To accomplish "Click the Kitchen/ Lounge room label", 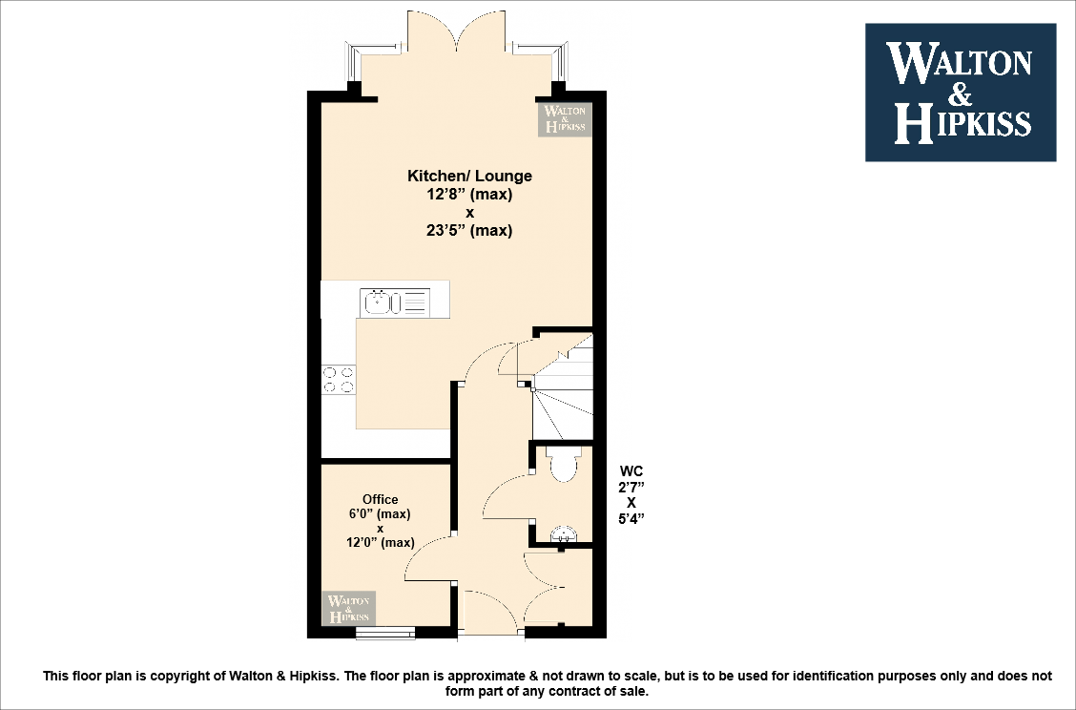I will point(469,176).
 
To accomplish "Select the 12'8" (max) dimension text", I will point(469,194).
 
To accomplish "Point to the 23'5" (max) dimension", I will point(469,230).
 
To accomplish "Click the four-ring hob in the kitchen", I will point(338,380).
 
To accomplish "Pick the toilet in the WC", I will point(563,465).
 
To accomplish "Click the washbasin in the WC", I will point(567,533).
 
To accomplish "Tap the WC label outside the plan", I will point(631,470).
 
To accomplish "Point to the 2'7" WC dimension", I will point(631,487).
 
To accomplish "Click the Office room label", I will point(380,499).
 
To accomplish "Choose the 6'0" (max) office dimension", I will point(380,513).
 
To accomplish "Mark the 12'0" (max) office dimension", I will point(380,543).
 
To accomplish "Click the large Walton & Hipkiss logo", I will point(960,93).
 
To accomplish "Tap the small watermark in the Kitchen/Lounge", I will point(565,118).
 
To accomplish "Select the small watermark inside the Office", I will point(349,608).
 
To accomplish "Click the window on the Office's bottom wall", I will point(385,631).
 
